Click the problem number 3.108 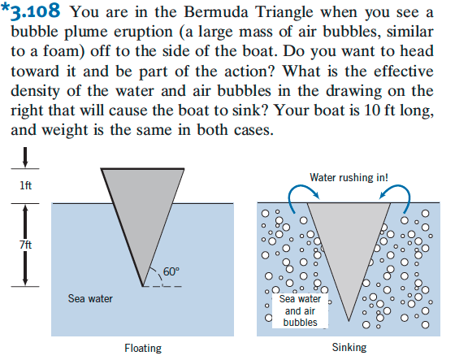[x=35, y=11]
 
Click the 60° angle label [x=171, y=271]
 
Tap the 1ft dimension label [x=26, y=185]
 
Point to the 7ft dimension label [x=26, y=245]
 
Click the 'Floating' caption [x=143, y=349]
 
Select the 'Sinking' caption [x=349, y=348]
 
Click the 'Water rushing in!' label [x=349, y=177]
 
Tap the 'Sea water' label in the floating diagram [x=90, y=298]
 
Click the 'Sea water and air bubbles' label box [x=300, y=310]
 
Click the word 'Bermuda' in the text [x=216, y=12]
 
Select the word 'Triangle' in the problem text [x=284, y=12]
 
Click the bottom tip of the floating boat [x=143, y=286]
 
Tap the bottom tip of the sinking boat [x=349, y=321]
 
